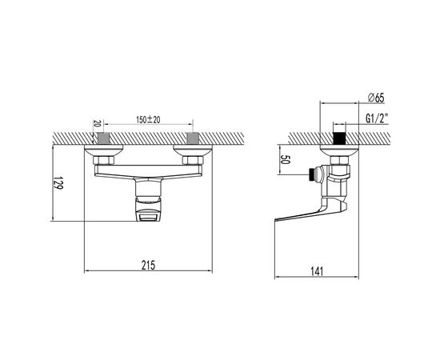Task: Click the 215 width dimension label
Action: (x=148, y=265)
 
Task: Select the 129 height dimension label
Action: (x=58, y=182)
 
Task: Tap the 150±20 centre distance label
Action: (x=148, y=120)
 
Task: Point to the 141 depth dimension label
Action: (x=317, y=272)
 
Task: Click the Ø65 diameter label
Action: (x=375, y=98)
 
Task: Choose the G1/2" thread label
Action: (x=376, y=118)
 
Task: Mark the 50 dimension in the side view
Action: (x=286, y=159)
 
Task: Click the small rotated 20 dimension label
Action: (x=97, y=123)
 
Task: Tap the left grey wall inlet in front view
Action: (x=104, y=138)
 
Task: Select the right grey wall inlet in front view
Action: (x=193, y=138)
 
